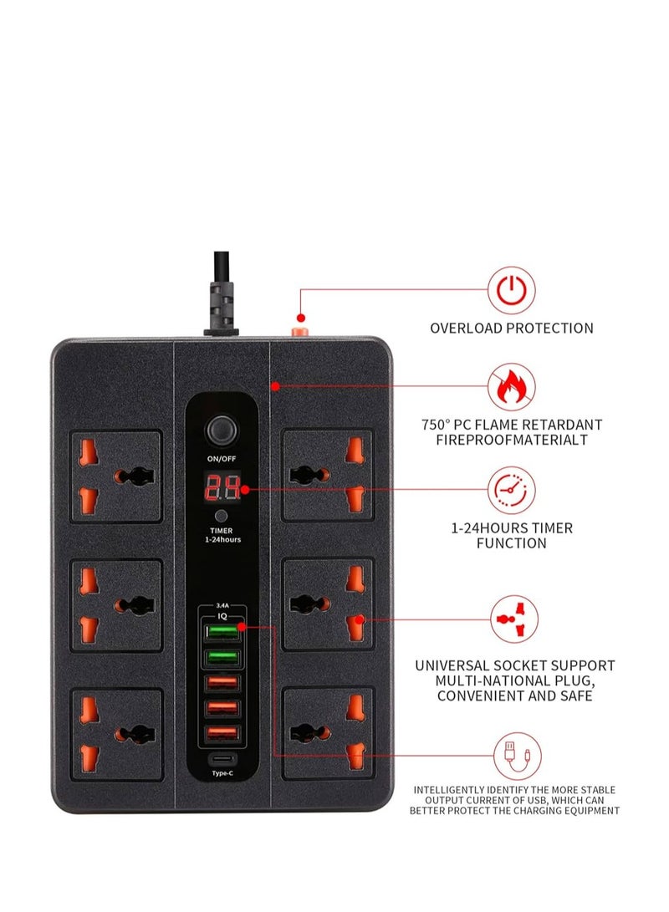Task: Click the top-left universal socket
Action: (x=116, y=476)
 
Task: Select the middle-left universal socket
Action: (x=116, y=606)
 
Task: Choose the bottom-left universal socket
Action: (x=116, y=735)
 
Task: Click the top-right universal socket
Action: (x=328, y=476)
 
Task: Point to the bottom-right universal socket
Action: (x=328, y=735)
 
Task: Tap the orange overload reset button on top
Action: (x=297, y=329)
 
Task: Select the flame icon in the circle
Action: (x=512, y=386)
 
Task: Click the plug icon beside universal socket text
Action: (x=512, y=619)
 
